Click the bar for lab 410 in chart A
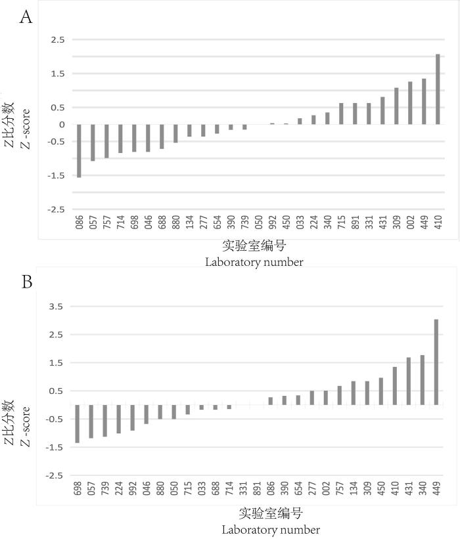point(438,89)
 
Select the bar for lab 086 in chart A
point(79,150)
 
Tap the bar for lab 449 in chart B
point(436,362)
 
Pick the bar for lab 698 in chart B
point(77,423)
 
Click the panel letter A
point(26,16)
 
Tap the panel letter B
point(27,282)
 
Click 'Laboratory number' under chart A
point(254,263)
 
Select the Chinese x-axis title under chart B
point(271,513)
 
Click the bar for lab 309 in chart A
point(396,106)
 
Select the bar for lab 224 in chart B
point(119,419)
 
